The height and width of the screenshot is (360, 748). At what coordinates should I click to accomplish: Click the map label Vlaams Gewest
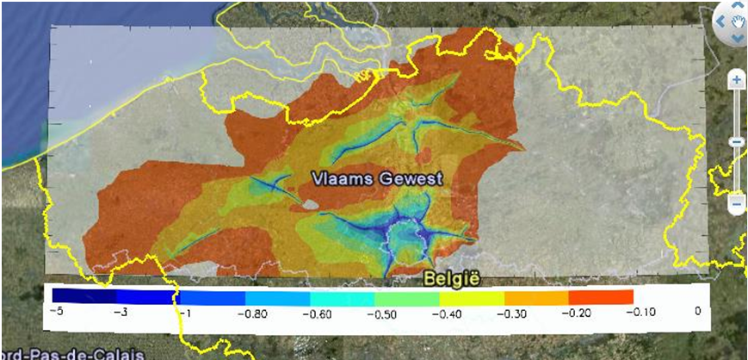click(378, 178)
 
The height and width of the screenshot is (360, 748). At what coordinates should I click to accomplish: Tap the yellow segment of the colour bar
click(471, 295)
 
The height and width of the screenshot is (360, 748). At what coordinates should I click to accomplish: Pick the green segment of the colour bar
click(406, 295)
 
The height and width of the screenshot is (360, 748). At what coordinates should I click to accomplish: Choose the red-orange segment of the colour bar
click(600, 295)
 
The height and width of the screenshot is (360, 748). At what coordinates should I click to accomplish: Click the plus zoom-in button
click(737, 80)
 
